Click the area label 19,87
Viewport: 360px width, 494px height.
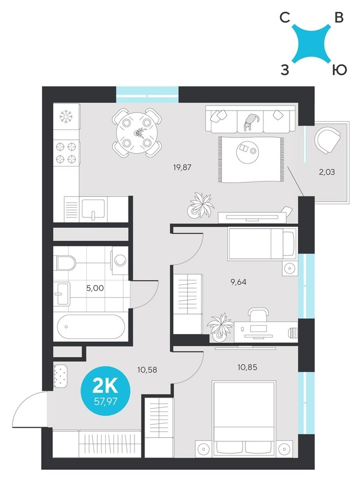coord(182,167)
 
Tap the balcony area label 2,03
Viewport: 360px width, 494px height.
coord(326,172)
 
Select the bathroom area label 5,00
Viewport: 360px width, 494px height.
coord(95,288)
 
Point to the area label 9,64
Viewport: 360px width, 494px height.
coord(239,282)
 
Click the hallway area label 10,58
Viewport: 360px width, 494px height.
coord(147,369)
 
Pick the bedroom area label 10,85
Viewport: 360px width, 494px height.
coord(248,367)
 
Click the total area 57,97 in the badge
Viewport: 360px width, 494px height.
coord(106,402)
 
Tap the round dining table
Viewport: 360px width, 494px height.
coord(137,133)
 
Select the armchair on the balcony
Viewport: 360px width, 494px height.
coord(328,140)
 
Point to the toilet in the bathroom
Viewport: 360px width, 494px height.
coord(66,263)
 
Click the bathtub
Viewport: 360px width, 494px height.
coord(91,327)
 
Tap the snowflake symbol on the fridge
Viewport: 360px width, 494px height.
coord(66,117)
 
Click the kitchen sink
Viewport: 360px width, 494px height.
coord(93,209)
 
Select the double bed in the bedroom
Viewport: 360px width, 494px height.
coord(244,419)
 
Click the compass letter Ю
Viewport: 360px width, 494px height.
coord(339,70)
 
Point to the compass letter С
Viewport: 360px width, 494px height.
coord(284,18)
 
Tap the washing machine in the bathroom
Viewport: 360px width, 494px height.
coord(120,261)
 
